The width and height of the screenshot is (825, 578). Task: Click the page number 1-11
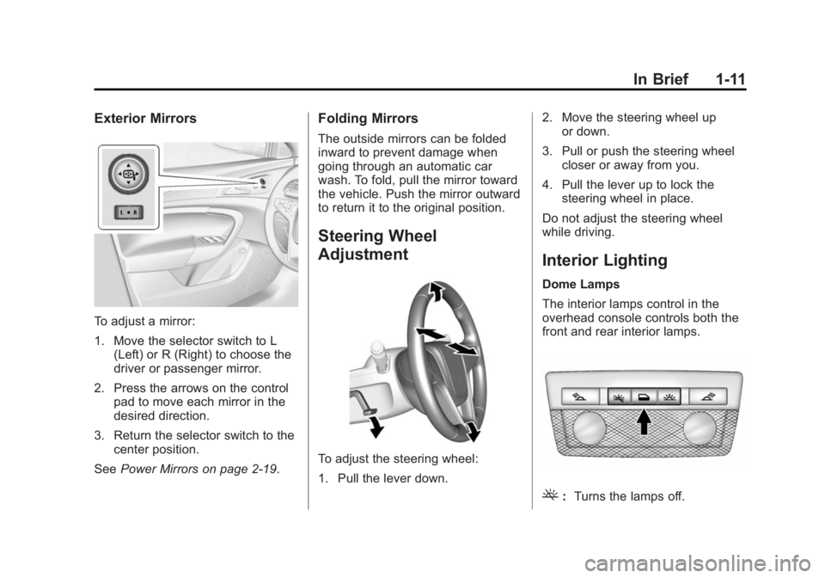click(x=730, y=79)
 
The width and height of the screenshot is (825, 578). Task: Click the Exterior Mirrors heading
click(x=145, y=119)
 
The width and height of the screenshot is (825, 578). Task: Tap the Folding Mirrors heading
click(x=368, y=119)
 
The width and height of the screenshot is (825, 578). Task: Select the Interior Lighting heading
click(x=604, y=260)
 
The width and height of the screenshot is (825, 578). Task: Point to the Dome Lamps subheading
click(x=581, y=284)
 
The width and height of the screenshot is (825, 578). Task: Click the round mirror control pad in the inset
click(x=128, y=174)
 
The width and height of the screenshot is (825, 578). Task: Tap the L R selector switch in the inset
click(x=128, y=212)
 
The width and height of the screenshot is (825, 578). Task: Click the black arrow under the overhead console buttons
click(x=644, y=421)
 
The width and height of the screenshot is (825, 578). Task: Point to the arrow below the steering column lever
click(x=376, y=427)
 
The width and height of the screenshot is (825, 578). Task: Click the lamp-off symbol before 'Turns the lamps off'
click(x=550, y=495)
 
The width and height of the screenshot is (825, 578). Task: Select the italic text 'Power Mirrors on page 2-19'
click(x=198, y=469)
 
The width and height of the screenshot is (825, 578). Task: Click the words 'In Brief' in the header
click(x=661, y=79)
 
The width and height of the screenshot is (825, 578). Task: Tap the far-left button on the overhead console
click(x=580, y=397)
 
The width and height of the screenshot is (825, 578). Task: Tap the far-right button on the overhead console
click(x=708, y=397)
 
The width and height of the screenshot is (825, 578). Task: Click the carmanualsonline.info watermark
click(x=701, y=564)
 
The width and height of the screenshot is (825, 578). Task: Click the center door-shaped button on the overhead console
click(x=644, y=397)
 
